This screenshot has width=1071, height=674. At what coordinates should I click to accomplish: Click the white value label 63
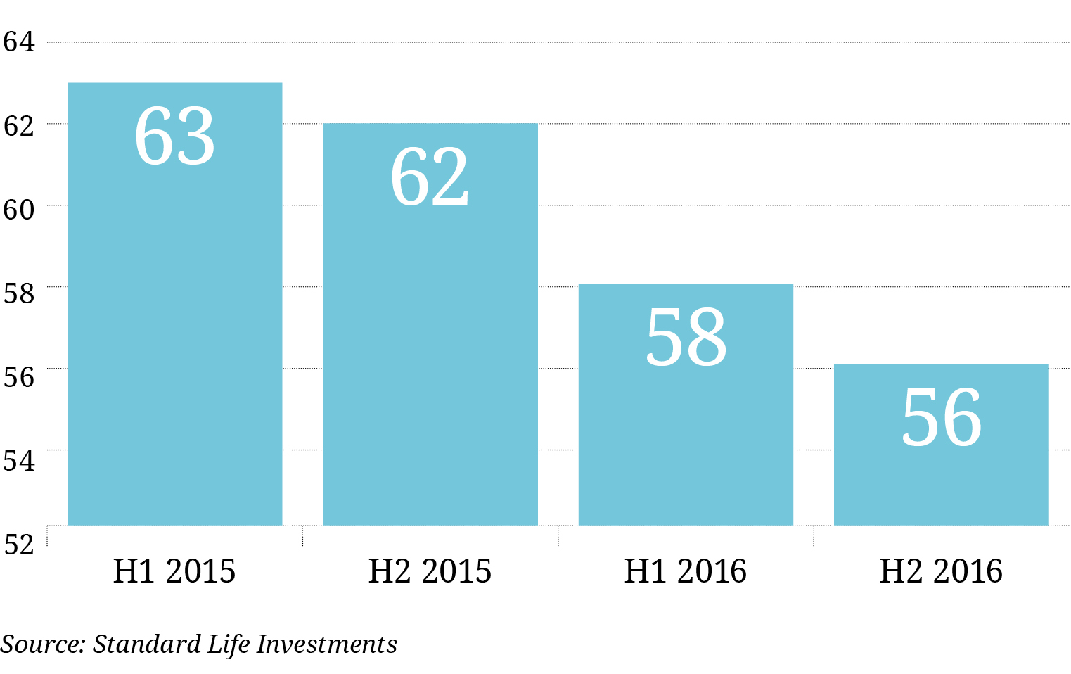click(174, 136)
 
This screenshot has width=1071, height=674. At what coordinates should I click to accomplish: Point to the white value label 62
click(430, 177)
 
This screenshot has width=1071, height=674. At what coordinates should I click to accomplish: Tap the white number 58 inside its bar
click(686, 338)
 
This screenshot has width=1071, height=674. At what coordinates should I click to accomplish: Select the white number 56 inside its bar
click(941, 418)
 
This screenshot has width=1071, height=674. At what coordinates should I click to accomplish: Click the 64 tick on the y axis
click(19, 42)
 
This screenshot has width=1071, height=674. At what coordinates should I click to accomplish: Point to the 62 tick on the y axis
click(19, 126)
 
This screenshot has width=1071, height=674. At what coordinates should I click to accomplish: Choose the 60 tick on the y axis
click(19, 210)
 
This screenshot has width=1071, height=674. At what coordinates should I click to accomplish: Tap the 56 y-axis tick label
click(19, 377)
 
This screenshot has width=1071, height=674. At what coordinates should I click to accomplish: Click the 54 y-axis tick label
click(19, 461)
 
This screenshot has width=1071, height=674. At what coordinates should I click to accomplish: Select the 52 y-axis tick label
click(19, 545)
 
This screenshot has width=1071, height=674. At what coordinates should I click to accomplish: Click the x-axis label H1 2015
click(174, 571)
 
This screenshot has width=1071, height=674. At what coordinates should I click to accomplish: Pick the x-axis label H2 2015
click(430, 571)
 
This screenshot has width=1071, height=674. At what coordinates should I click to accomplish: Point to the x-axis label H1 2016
click(686, 571)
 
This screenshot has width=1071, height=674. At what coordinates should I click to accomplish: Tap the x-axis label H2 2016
click(941, 571)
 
